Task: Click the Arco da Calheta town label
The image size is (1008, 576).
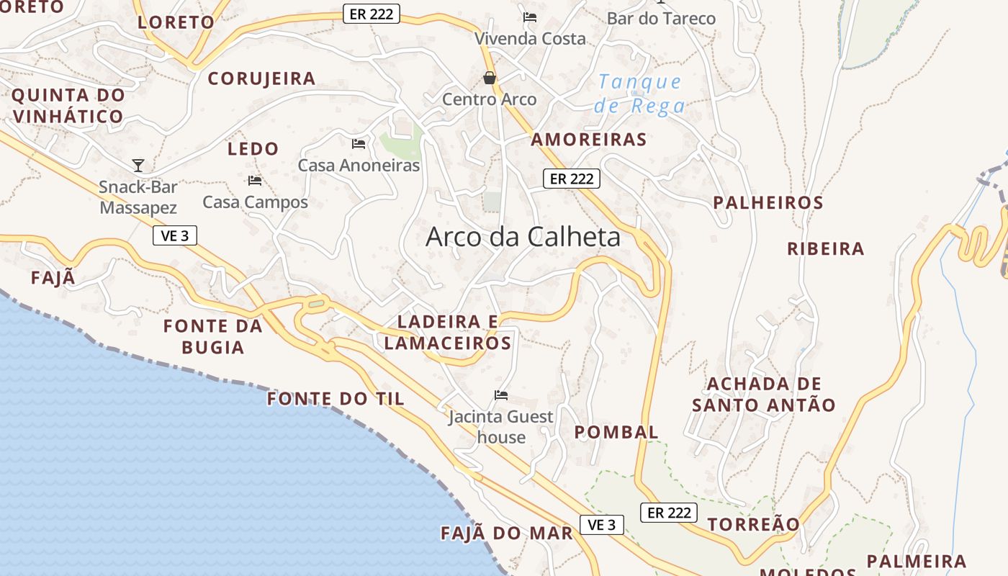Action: (x=523, y=237)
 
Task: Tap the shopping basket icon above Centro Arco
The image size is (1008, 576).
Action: (x=490, y=78)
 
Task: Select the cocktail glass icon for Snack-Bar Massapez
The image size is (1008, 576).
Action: (x=138, y=166)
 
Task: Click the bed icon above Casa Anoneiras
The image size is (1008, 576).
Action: (x=359, y=144)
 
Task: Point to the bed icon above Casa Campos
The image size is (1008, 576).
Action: (x=255, y=180)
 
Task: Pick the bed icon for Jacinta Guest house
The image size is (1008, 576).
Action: (x=501, y=395)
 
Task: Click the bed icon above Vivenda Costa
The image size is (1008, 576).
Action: (x=530, y=17)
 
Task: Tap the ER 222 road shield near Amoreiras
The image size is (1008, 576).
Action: (x=571, y=179)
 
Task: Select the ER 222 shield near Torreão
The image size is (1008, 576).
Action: (x=668, y=513)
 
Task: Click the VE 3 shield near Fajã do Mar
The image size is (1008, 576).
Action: (x=602, y=525)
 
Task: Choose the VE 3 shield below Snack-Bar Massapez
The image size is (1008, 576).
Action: (x=175, y=235)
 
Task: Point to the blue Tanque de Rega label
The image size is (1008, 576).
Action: (x=639, y=94)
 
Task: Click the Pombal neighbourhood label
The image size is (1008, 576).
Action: (x=616, y=432)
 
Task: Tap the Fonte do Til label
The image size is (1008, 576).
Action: (x=336, y=399)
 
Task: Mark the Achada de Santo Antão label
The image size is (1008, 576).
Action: (x=764, y=394)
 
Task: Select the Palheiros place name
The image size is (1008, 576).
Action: (x=768, y=203)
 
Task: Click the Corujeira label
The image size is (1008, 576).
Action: (x=261, y=78)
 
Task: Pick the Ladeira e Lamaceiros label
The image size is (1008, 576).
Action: (x=448, y=332)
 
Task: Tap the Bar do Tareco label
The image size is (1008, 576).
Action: (x=661, y=18)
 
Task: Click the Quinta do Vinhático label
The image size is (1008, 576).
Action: (x=68, y=105)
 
